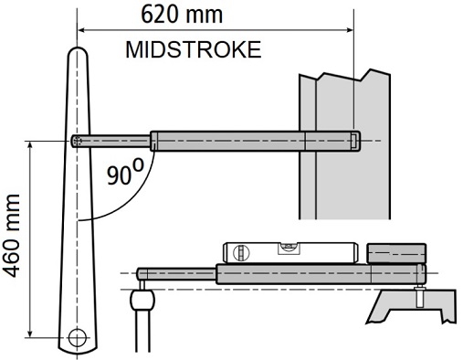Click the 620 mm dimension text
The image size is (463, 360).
182,15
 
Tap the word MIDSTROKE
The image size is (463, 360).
194,49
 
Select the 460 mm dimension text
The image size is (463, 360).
11,236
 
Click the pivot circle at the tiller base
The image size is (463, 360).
78,337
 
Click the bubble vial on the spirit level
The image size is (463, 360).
289,248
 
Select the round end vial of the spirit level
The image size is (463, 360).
241,252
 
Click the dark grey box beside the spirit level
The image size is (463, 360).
396,253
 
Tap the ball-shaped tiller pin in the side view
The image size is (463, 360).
142,300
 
